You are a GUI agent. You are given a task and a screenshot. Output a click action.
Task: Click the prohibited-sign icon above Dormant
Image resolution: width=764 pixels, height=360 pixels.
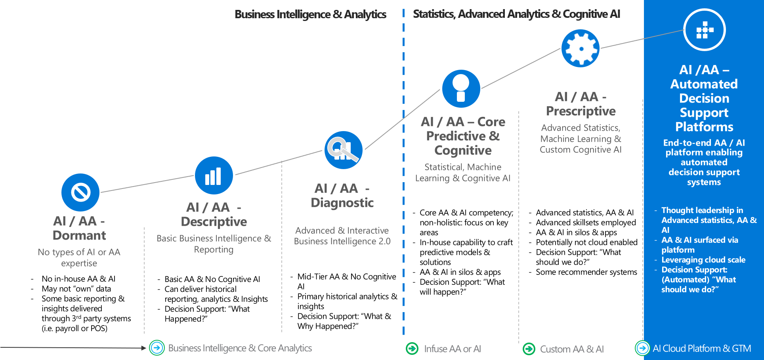pyautogui.click(x=80, y=192)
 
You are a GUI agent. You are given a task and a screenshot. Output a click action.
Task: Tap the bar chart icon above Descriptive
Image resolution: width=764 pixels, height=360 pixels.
pyautogui.click(x=214, y=175)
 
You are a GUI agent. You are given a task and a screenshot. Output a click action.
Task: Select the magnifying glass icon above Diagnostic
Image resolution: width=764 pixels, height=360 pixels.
pyautogui.click(x=343, y=150)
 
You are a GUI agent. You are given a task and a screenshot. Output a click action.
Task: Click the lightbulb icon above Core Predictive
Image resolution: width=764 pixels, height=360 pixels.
pyautogui.click(x=461, y=89)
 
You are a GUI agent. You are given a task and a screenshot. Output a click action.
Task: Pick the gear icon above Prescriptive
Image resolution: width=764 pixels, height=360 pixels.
pyautogui.click(x=581, y=48)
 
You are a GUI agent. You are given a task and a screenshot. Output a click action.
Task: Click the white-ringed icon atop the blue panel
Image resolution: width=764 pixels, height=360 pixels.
pyautogui.click(x=704, y=30)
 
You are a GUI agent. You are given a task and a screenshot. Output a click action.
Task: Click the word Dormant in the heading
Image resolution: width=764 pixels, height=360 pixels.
pyautogui.click(x=79, y=235)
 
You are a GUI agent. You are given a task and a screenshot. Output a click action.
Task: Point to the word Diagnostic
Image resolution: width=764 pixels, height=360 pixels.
pyautogui.click(x=342, y=202)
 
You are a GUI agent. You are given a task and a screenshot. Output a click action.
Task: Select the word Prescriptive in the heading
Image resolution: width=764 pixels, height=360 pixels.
pyautogui.click(x=581, y=111)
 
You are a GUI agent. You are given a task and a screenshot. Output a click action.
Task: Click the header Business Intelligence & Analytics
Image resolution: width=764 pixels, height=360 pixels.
pyautogui.click(x=310, y=14)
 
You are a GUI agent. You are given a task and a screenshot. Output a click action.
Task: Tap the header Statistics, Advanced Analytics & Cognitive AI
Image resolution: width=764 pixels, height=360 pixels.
pyautogui.click(x=516, y=14)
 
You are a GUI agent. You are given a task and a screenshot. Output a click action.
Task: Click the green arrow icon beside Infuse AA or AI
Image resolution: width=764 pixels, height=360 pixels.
pyautogui.click(x=412, y=349)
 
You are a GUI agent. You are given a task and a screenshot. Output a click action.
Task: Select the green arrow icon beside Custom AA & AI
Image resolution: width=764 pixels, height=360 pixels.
pyautogui.click(x=529, y=349)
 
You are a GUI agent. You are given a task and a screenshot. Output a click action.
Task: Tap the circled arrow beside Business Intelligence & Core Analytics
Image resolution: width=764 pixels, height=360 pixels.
pyautogui.click(x=157, y=348)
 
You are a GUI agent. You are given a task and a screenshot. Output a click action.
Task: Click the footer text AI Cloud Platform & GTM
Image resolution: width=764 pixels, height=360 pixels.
pyautogui.click(x=701, y=349)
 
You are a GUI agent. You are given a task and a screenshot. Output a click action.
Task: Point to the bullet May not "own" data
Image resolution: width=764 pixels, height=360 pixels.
pyautogui.click(x=76, y=289)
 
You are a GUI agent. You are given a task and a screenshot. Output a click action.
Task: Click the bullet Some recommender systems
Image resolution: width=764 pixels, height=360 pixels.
pyautogui.click(x=586, y=272)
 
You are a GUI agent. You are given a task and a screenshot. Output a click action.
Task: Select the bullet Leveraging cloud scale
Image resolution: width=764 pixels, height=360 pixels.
pyautogui.click(x=703, y=260)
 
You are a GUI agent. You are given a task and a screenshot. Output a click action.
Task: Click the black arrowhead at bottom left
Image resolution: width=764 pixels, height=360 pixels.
pyautogui.click(x=143, y=348)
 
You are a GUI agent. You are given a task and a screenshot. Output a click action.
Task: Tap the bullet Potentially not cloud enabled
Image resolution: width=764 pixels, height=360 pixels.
pyautogui.click(x=586, y=242)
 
